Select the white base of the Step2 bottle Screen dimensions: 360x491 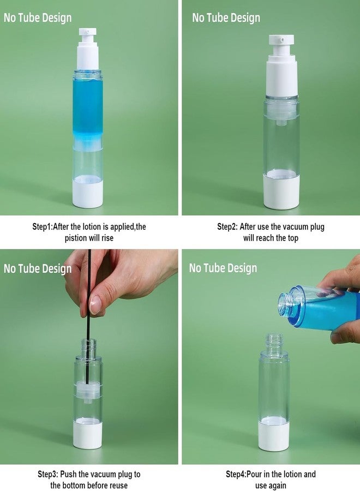point(282,191)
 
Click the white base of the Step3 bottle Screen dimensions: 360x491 point(88,435)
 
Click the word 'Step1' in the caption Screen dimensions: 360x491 point(41,226)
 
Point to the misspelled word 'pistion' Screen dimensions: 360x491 point(76,238)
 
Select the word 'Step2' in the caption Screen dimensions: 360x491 point(227,226)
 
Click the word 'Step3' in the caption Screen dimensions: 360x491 point(47,474)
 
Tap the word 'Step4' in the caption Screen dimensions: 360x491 point(236,474)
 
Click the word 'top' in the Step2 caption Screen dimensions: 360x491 point(293,238)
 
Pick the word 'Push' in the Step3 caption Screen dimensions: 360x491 point(69,474)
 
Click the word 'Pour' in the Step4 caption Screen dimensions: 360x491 point(255,474)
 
